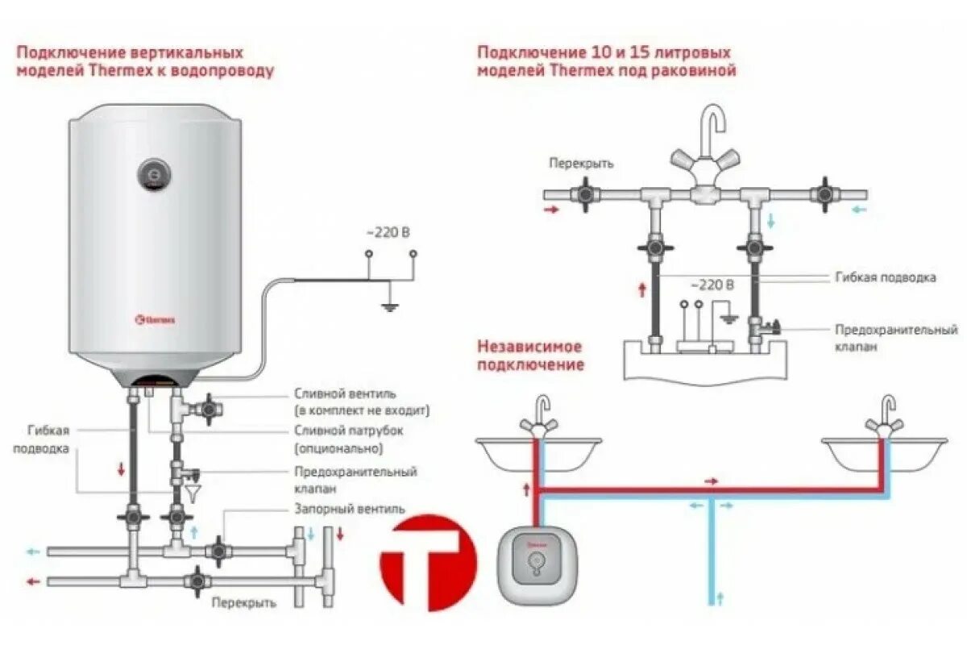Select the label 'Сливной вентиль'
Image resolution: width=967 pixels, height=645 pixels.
pos(344,394)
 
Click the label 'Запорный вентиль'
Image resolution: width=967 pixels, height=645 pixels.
pos(349,509)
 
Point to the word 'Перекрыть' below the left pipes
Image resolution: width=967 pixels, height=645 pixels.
pos(244,602)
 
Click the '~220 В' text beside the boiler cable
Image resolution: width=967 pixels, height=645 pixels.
pos(388,233)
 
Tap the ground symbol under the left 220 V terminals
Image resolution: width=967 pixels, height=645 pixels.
pos(390,304)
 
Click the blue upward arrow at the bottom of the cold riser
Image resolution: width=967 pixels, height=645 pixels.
pos(721,597)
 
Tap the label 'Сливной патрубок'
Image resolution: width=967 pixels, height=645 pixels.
pos(348,431)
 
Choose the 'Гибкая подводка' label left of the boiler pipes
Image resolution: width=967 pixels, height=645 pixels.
pos(41,439)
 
